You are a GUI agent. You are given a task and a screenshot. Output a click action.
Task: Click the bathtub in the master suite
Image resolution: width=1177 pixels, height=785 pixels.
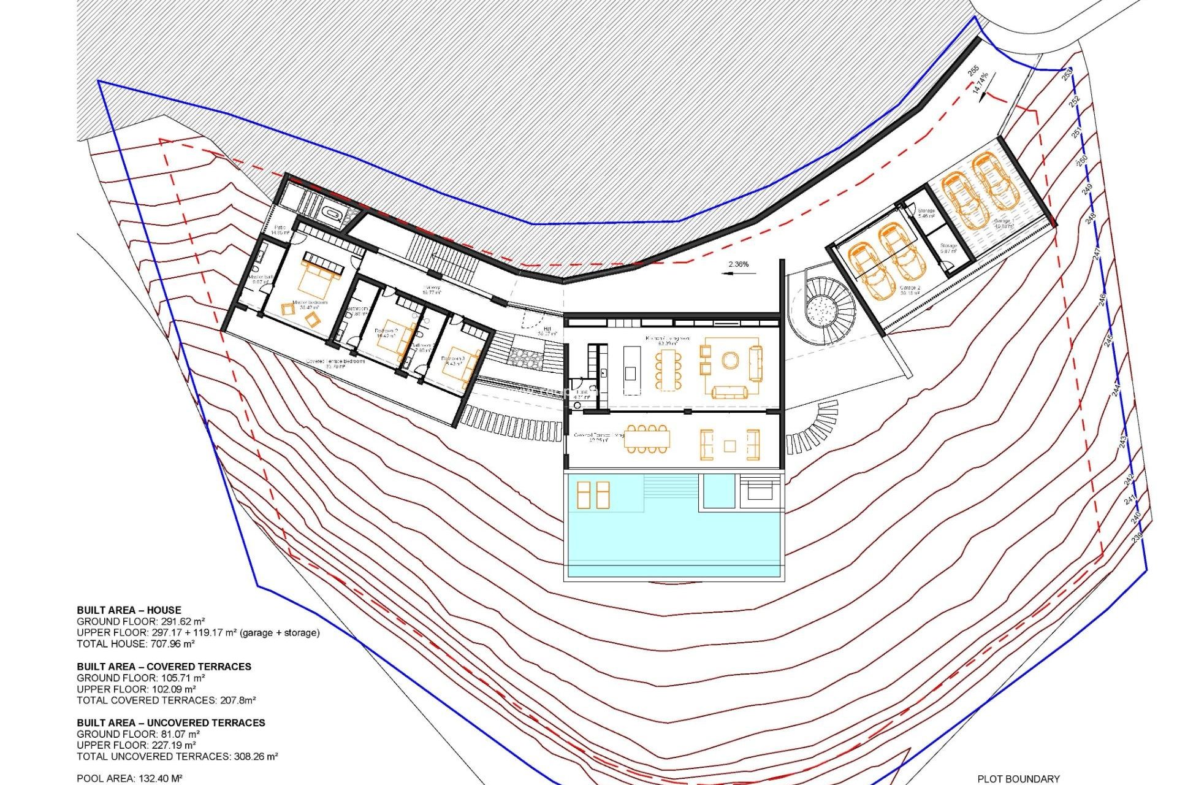pyautogui.click(x=333, y=215)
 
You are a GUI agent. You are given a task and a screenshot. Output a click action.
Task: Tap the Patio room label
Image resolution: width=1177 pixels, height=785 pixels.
pyautogui.click(x=280, y=230)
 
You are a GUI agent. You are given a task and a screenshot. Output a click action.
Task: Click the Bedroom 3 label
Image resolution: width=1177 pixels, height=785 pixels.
pyautogui.click(x=453, y=360)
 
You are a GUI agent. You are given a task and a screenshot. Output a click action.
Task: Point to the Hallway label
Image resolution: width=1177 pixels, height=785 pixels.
pyautogui.click(x=432, y=289)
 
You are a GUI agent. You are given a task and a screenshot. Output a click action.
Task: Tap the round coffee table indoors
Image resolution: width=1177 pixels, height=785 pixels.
pyautogui.click(x=729, y=360)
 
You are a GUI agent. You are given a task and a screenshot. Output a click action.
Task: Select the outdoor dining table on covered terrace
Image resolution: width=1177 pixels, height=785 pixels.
pyautogui.click(x=647, y=439)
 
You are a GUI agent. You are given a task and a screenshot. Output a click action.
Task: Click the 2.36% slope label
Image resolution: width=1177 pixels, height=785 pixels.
pyautogui.click(x=738, y=264)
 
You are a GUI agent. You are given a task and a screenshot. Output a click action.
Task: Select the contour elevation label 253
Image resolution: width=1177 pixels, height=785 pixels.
pyautogui.click(x=1067, y=75)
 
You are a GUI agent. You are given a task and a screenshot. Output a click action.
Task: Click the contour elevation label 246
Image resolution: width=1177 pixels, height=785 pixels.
pyautogui.click(x=1102, y=299)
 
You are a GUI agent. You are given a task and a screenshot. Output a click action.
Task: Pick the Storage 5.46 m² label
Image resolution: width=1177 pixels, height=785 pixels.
pyautogui.click(x=926, y=213)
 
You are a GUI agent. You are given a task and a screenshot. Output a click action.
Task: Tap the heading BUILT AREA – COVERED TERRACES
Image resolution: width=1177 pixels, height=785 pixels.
pyautogui.click(x=164, y=667)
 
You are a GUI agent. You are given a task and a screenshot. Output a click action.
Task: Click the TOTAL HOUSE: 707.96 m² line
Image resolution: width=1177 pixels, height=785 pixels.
pyautogui.click(x=135, y=644)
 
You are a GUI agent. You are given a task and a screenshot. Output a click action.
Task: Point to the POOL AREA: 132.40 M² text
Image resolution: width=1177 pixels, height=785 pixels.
pyautogui.click(x=129, y=778)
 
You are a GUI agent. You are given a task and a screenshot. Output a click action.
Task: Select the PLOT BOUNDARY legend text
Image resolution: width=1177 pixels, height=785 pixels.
pyautogui.click(x=1018, y=779)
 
